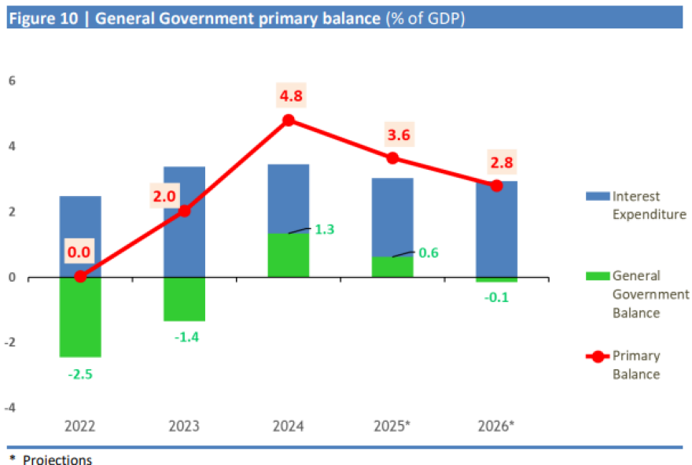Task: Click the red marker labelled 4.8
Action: point(289,120)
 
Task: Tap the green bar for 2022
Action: point(80,316)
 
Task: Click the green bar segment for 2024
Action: point(289,255)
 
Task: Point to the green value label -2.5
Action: point(80,375)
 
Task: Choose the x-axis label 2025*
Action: point(392,426)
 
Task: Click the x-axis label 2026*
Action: point(496,426)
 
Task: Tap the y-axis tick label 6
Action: point(13,81)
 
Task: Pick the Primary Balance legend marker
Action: point(597,356)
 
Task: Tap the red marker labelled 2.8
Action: point(496,186)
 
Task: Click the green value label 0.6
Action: point(429,253)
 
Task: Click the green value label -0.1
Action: point(497,297)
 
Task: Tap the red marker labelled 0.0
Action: point(80,276)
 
